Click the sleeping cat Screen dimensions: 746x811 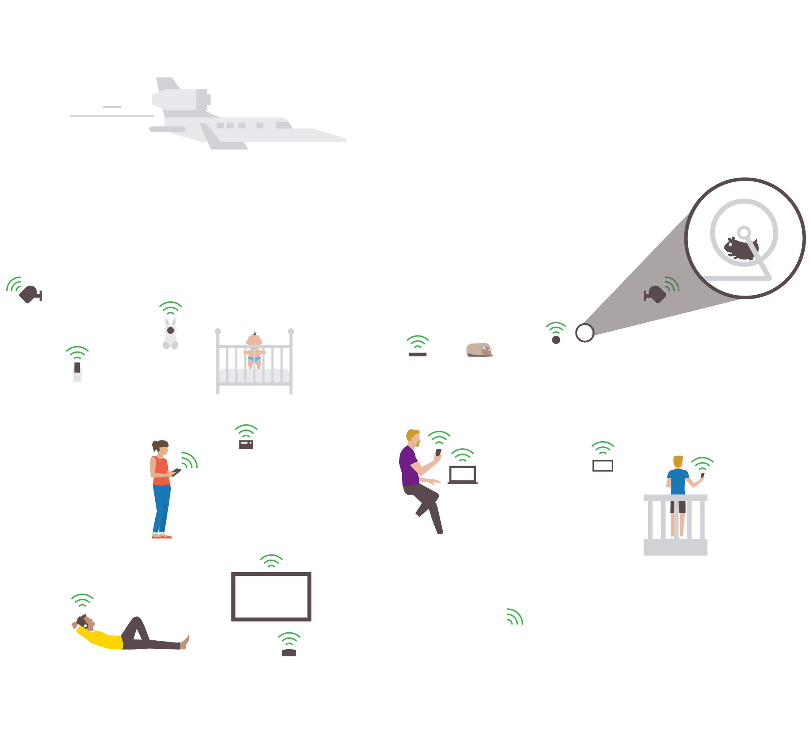[479, 350]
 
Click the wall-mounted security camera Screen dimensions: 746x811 [30, 294]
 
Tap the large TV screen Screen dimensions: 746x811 [271, 596]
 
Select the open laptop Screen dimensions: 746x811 [463, 475]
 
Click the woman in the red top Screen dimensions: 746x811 [161, 488]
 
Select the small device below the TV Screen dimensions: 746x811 [289, 653]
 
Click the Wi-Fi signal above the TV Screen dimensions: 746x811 [271, 561]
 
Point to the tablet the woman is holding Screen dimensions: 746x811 [177, 472]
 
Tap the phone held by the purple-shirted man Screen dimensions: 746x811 [438, 452]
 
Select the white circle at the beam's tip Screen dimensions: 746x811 [584, 333]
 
